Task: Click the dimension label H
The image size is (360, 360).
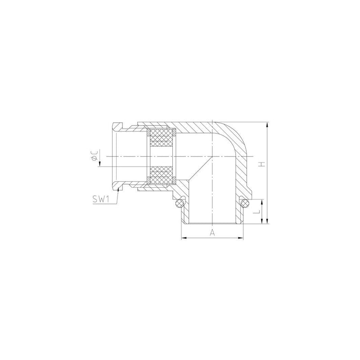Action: (262, 164)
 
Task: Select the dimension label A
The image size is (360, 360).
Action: (212, 233)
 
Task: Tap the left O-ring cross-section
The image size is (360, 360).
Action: (179, 203)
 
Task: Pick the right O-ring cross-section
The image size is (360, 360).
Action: (245, 203)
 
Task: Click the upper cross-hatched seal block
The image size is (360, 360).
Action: (161, 137)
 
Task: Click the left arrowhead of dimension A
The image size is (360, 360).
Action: (184, 238)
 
